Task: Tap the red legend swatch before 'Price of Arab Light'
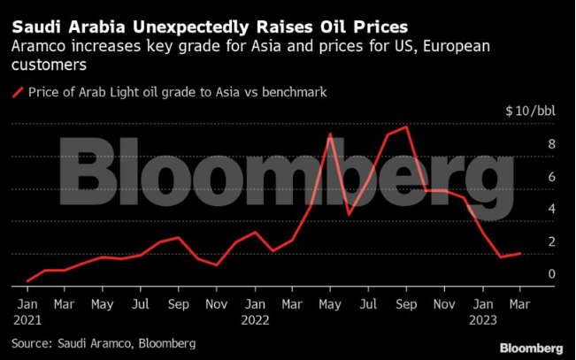click(17, 91)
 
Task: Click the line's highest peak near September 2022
click(406, 127)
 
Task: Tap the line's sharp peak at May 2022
click(330, 134)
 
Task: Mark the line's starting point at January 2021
click(28, 280)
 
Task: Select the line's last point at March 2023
click(520, 254)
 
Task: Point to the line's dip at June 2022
click(349, 214)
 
